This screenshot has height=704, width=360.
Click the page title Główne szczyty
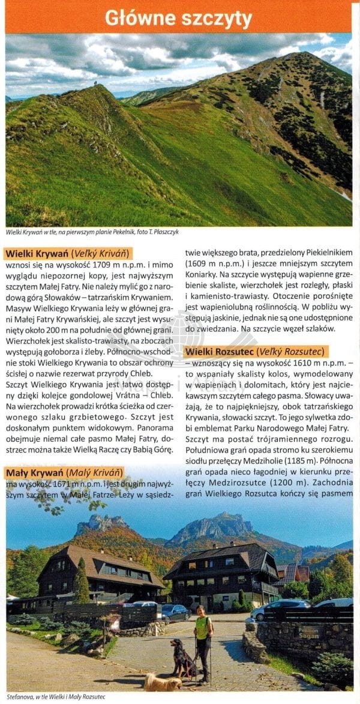[x=178, y=18]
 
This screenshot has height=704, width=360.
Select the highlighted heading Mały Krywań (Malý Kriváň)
[x=64, y=472]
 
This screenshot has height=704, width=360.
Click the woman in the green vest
[x=203, y=639]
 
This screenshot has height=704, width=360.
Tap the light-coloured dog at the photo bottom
[x=163, y=682]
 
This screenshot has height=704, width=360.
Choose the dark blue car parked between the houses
[x=174, y=612]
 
